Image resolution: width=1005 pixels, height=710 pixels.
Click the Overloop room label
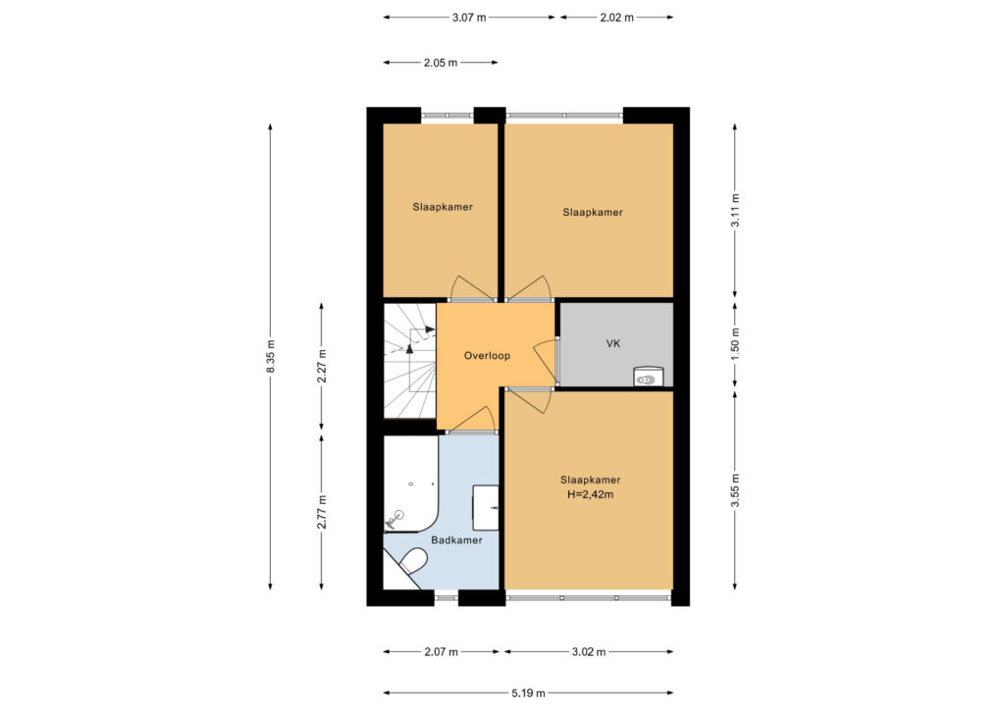click(x=487, y=356)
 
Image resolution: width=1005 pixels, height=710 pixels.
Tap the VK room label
click(x=613, y=344)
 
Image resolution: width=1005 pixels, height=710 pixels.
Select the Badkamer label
click(x=456, y=540)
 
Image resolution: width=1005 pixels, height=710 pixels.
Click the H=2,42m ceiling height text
click(x=590, y=494)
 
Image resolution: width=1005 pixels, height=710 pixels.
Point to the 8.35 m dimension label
click(x=271, y=356)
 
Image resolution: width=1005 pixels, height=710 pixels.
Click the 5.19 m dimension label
click(x=529, y=692)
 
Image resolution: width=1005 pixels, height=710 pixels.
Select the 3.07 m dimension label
click(x=469, y=18)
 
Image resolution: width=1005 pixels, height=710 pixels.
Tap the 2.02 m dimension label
click(x=616, y=18)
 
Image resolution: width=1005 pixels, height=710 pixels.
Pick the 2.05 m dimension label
click(x=441, y=63)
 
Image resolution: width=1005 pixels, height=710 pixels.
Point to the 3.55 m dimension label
click(x=735, y=490)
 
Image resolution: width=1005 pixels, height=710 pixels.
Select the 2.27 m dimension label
click(x=322, y=366)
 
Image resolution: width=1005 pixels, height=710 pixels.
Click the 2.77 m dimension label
click(x=322, y=512)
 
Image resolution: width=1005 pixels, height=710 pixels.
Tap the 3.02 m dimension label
click(x=589, y=652)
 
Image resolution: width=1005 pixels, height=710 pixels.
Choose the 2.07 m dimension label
click(x=441, y=652)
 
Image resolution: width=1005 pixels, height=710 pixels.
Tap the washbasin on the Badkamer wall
click(x=485, y=508)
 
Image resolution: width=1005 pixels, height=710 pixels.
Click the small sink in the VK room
click(x=648, y=377)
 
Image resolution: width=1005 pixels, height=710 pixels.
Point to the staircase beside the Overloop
click(x=409, y=361)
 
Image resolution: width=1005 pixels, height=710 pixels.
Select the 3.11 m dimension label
click(x=735, y=210)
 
